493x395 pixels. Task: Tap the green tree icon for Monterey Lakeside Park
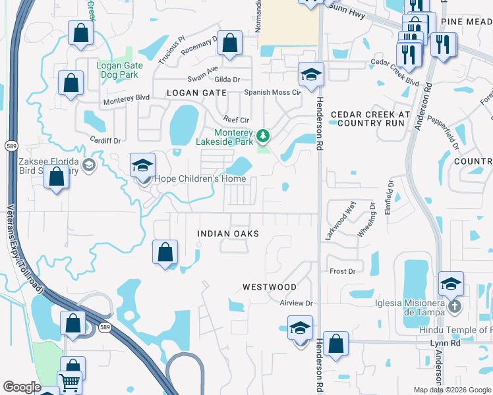[264, 136]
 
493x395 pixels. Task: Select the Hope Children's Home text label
[200, 178]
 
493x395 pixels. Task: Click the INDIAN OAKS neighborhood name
[228, 234]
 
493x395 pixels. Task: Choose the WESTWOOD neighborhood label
[270, 287]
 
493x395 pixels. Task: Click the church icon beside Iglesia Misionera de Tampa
[453, 307]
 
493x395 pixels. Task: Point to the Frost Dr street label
[342, 271]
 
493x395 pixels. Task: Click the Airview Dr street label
[295, 303]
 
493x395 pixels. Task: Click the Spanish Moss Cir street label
[272, 93]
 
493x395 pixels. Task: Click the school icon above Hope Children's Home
[142, 166]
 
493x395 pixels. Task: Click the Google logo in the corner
[21, 387]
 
